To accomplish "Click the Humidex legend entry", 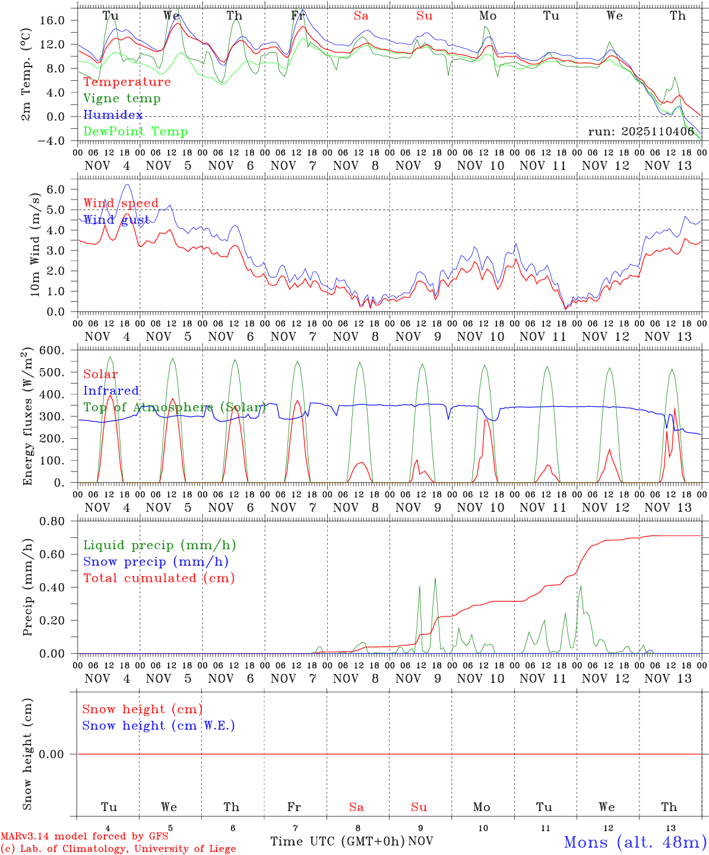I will point(113,115).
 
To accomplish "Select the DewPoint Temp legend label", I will point(135,132).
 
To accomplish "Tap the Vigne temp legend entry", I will point(122,99).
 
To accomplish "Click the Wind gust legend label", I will point(116,220).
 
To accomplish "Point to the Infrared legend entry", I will point(111,391).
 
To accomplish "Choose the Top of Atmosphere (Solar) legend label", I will point(175,407).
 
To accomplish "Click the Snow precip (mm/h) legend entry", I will point(156,562).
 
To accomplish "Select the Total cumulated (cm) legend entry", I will point(159,578).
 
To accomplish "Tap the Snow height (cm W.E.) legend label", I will point(159,726).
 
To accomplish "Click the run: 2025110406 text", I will point(641,132).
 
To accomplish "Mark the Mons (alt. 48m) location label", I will point(635,842).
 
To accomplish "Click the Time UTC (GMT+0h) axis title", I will point(337,841).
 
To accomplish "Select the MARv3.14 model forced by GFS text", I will point(84,837).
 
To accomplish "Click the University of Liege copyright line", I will point(118,849).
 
